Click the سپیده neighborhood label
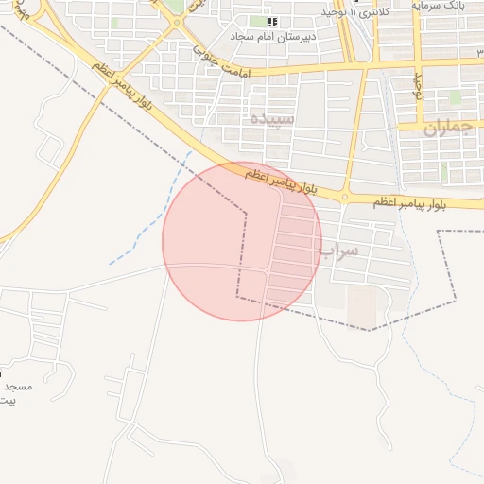point(272,120)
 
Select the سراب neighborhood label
point(339,251)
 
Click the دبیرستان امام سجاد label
point(273,36)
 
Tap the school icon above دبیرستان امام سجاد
point(273,21)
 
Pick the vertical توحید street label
point(420,87)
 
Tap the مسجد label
point(17,388)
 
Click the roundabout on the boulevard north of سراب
point(345,197)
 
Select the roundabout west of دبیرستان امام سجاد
point(177,25)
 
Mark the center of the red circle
point(242,241)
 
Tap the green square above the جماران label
point(455,97)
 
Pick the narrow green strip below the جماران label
point(443,173)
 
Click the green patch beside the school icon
point(257,21)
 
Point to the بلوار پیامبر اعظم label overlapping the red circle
point(280,180)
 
